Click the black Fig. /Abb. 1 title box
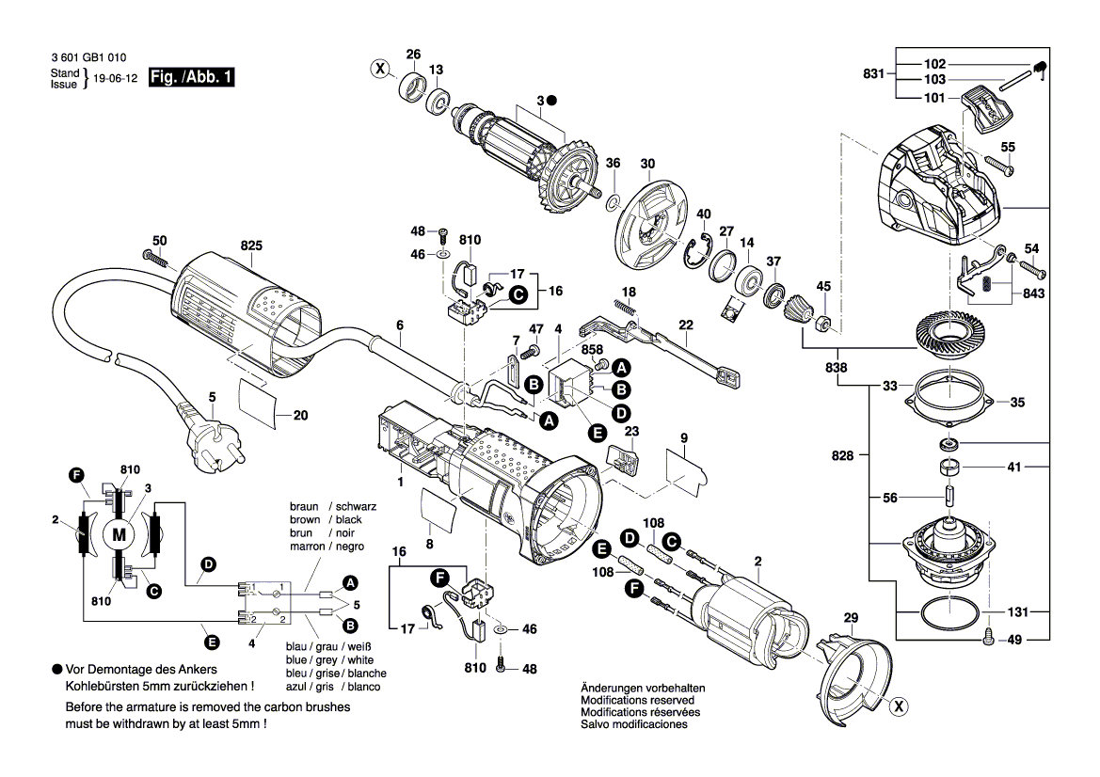[191, 78]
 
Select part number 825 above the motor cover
[251, 246]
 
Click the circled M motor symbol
[119, 534]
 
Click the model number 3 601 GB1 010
[93, 57]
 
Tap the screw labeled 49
[988, 637]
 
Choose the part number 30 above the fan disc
[647, 164]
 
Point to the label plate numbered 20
[259, 402]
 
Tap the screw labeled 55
[1000, 170]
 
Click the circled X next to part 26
[379, 68]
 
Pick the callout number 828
[842, 455]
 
